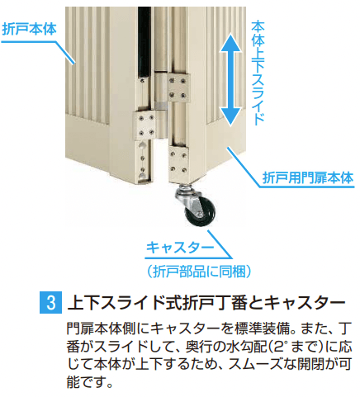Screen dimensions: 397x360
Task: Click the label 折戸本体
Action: tap(30, 26)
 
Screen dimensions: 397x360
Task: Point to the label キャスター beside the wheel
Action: tap(179, 248)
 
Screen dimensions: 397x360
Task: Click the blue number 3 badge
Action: tap(48, 300)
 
